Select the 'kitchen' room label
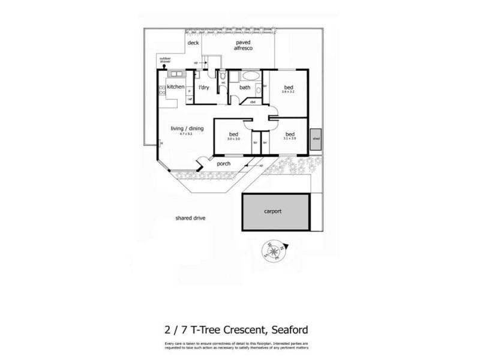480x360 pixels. pos(176,88)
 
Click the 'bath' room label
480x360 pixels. pos(245,88)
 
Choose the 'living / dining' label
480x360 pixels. pos(187,128)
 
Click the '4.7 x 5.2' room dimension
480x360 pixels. pos(187,134)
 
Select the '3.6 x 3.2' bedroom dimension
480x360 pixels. pos(288,92)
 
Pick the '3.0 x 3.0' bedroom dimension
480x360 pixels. pos(233,139)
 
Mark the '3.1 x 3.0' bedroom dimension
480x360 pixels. pos(290,139)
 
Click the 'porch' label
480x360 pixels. pos(224,163)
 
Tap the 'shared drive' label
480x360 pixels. pos(190,218)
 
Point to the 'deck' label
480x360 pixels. pos(193,43)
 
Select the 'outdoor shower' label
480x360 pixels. pos(165,60)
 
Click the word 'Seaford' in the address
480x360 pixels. pos(290,329)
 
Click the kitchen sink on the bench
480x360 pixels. pos(176,74)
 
